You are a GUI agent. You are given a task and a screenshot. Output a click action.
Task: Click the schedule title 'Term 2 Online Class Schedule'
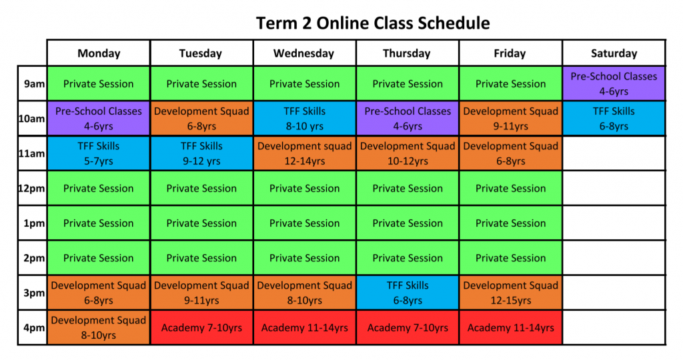point(373,23)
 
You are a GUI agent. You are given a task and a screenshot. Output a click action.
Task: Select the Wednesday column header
point(304,53)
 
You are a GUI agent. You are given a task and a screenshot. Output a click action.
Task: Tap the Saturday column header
point(614,53)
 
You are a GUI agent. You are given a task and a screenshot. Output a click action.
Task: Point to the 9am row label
point(33,84)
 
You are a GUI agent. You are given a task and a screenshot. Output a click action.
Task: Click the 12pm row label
point(32,189)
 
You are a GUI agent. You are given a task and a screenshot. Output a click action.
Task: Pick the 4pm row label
point(33,328)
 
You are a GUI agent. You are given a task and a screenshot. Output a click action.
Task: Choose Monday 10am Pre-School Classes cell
point(99,119)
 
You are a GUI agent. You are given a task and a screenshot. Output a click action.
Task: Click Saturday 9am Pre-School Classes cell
point(614,84)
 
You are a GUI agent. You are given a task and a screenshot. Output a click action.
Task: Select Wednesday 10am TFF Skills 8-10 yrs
point(304,119)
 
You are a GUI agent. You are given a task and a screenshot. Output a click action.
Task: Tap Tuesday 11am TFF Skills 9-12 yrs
point(201,153)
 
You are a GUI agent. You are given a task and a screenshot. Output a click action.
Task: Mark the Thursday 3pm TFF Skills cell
point(408,293)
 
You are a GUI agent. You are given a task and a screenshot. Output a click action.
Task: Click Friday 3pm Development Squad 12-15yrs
point(510,293)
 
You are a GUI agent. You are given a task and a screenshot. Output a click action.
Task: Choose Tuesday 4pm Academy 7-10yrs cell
point(201,328)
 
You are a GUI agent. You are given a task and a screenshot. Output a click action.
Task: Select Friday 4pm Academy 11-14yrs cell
point(510,328)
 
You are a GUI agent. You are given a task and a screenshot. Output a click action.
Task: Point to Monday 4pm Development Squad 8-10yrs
point(99,328)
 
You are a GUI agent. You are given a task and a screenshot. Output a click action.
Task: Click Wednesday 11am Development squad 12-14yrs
point(304,153)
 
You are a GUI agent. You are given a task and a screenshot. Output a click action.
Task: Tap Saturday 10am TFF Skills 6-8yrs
point(614,119)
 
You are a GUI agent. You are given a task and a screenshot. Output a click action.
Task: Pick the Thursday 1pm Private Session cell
point(408,223)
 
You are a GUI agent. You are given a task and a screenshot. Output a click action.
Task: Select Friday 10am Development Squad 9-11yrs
point(510,119)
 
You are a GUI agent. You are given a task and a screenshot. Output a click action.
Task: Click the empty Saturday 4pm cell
point(614,328)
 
